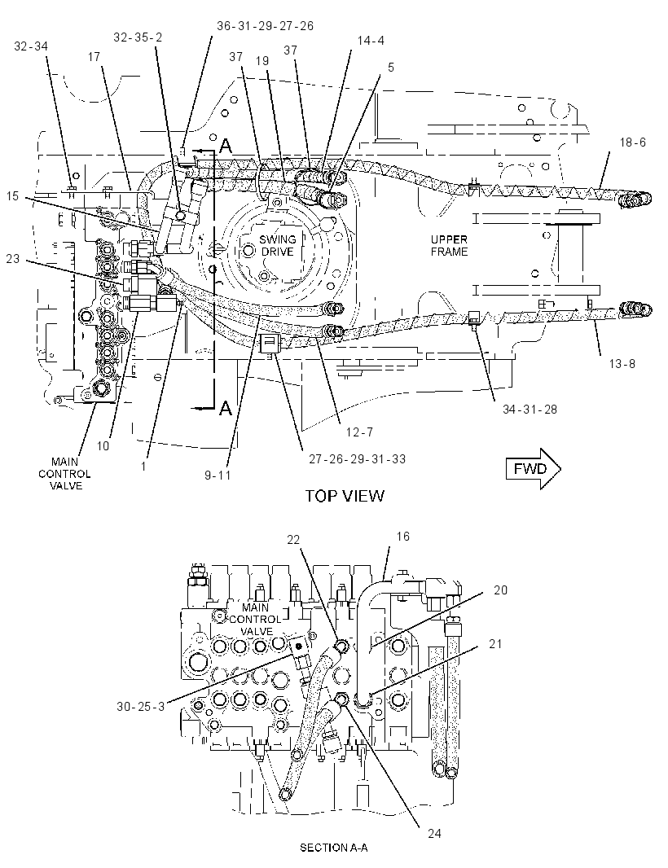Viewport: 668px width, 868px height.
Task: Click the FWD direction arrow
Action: click(533, 469)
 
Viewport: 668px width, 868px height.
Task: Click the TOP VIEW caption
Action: click(345, 496)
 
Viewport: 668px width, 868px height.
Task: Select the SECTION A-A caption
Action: click(333, 848)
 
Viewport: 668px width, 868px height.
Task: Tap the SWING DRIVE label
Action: click(278, 245)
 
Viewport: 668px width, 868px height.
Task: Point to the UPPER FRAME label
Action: click(449, 245)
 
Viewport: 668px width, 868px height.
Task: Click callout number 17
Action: click(94, 56)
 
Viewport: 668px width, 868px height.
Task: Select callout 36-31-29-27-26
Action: click(265, 25)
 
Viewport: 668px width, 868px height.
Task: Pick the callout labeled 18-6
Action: click(632, 142)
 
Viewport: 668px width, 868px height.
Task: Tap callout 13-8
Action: click(622, 364)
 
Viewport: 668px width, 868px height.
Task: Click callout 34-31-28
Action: click(530, 410)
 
